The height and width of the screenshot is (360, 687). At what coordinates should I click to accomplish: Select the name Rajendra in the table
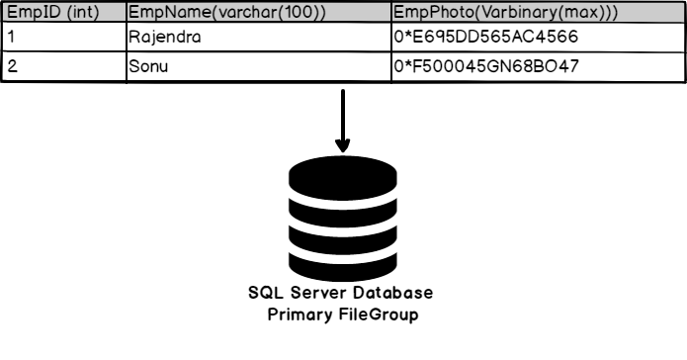pos(164,38)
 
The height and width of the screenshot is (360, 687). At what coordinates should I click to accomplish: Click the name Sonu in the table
pos(149,67)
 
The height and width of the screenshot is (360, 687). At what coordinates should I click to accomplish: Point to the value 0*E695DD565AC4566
pos(484,38)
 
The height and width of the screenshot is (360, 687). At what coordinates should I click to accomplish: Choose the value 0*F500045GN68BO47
pos(485,67)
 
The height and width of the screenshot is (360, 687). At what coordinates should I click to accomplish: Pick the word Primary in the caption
pos(301,315)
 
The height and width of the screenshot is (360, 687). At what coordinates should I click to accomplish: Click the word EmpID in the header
pos(29,13)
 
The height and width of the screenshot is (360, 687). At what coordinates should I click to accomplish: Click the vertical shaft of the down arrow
pos(343,114)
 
